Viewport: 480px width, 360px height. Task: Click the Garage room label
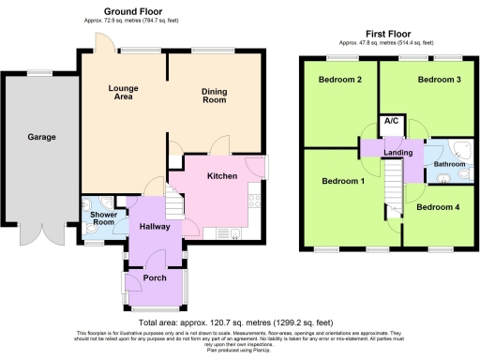tap(41, 137)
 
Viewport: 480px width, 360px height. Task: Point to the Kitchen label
tap(221, 175)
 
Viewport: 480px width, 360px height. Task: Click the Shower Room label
tap(102, 217)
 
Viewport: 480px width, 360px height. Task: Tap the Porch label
tap(154, 277)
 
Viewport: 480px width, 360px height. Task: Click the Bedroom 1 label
tap(342, 180)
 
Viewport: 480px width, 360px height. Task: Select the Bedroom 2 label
tap(339, 80)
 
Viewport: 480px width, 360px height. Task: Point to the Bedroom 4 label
tap(438, 206)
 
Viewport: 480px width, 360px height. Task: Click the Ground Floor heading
tap(154, 12)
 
